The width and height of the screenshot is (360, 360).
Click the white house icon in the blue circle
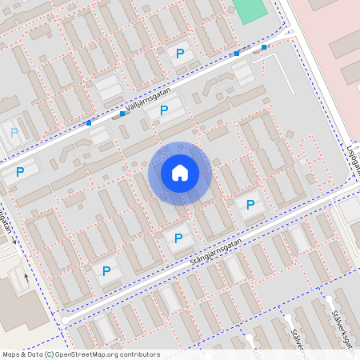pos(180,173)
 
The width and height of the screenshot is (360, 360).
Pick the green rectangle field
pos(249,10)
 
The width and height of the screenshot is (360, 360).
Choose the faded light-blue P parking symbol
pos(14,132)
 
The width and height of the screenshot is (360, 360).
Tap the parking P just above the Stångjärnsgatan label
pos(178,238)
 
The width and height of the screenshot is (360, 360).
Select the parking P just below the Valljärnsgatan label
pos(164,110)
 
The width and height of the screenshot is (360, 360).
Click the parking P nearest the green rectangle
pos(180,53)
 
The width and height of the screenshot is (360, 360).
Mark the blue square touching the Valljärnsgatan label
pos(122,114)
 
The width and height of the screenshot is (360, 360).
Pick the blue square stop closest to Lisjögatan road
pos(264,47)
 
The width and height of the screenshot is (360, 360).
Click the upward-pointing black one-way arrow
pos(26,278)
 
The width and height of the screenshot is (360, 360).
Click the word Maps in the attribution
pos(11,354)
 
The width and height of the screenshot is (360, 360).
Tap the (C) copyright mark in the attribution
pos(49,354)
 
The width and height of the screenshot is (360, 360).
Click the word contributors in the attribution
pos(139,354)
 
